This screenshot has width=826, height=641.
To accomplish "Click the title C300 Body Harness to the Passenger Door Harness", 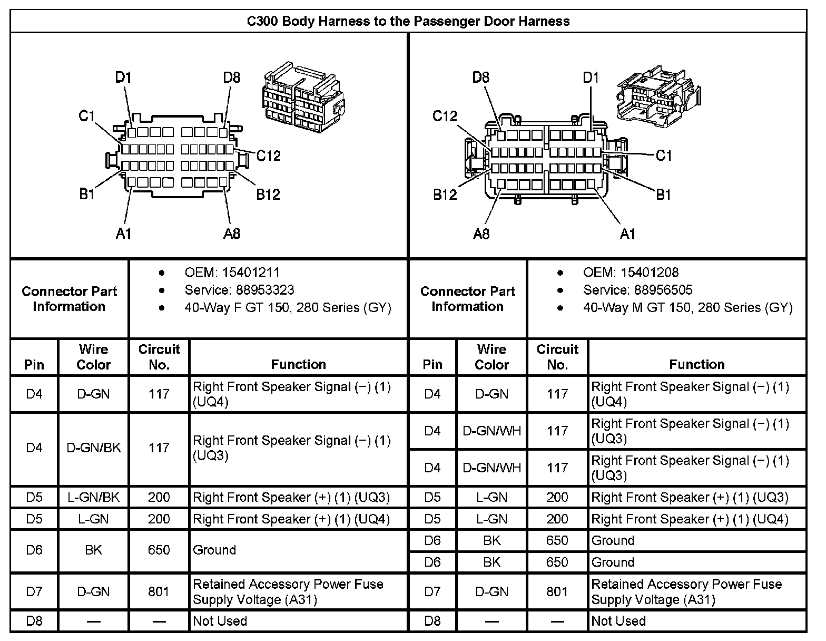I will point(408,21).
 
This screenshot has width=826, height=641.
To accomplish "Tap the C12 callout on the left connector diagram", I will point(269,156).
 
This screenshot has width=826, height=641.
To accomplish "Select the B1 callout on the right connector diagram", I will point(663,195).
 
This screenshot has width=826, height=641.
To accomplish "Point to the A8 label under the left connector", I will point(232,233).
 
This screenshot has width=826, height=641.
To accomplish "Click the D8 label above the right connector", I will point(480,77).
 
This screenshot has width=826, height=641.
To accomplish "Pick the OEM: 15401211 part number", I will point(232,273).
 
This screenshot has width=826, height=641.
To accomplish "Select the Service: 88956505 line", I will point(637,290).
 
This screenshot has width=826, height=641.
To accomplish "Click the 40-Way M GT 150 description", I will point(687,307).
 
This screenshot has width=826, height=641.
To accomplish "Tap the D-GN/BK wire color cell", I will point(94,448).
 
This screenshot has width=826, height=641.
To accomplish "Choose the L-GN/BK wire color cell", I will point(94,497).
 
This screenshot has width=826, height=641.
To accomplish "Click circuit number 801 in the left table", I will point(159,591).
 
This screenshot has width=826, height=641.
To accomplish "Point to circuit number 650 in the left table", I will point(159,550).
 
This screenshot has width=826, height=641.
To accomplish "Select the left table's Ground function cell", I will point(214,550).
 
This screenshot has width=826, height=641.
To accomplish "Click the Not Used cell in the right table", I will point(618,620).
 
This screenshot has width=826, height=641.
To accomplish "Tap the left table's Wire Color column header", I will point(94,357).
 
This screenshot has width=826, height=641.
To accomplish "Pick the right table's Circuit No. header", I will point(557,357).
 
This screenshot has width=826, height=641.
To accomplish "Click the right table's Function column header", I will point(696,364).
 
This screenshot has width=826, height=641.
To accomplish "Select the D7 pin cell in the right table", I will point(432,591).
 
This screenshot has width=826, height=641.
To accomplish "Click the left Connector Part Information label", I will point(70,299).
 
